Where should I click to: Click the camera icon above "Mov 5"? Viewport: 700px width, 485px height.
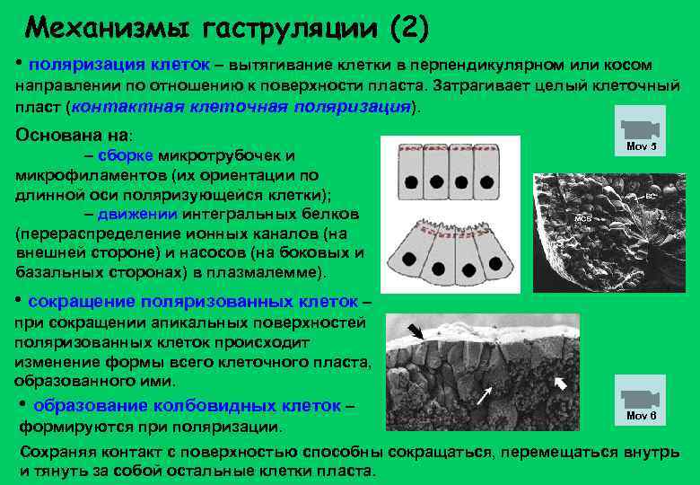(640, 127)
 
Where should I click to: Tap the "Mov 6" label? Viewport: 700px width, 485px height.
(641, 415)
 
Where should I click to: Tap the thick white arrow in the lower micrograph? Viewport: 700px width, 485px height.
(560, 384)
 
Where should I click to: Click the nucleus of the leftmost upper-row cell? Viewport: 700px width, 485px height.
(410, 181)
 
